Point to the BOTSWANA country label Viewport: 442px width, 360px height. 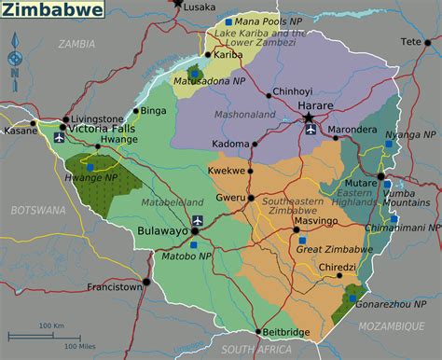tap(33, 212)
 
